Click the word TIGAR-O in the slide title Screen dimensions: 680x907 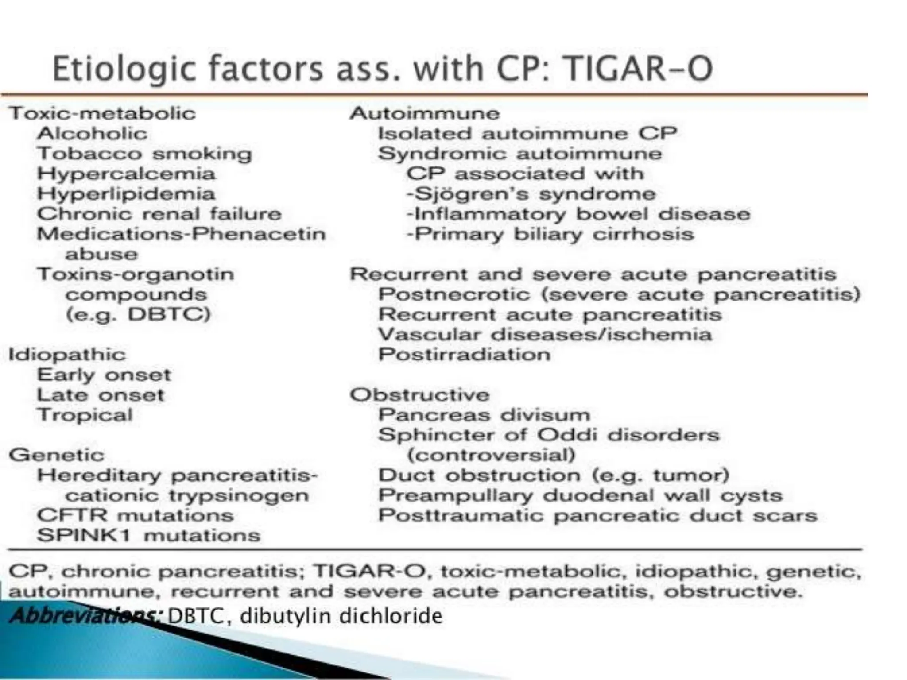(x=639, y=70)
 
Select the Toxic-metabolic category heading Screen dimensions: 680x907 (x=102, y=113)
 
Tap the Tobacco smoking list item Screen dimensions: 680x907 (x=144, y=154)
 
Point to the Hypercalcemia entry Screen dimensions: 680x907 (x=126, y=174)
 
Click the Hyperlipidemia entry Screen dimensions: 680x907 (x=126, y=194)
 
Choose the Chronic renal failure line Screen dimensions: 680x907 (x=159, y=214)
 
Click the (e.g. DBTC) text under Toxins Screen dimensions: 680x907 (x=138, y=314)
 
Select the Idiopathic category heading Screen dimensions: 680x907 (x=67, y=355)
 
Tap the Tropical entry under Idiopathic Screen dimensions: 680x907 (x=85, y=415)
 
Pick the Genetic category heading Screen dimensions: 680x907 (x=57, y=455)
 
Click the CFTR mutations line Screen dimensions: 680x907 (x=135, y=515)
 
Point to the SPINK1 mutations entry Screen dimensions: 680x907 (x=148, y=536)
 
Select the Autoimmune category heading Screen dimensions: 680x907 (x=425, y=113)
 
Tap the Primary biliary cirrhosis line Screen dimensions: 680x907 (x=550, y=234)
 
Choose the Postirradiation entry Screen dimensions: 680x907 (x=464, y=355)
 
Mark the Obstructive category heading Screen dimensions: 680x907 (x=420, y=395)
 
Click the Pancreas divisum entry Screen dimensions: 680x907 (x=484, y=415)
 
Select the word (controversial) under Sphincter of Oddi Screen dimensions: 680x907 (x=491, y=455)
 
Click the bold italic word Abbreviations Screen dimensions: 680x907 (x=86, y=615)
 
